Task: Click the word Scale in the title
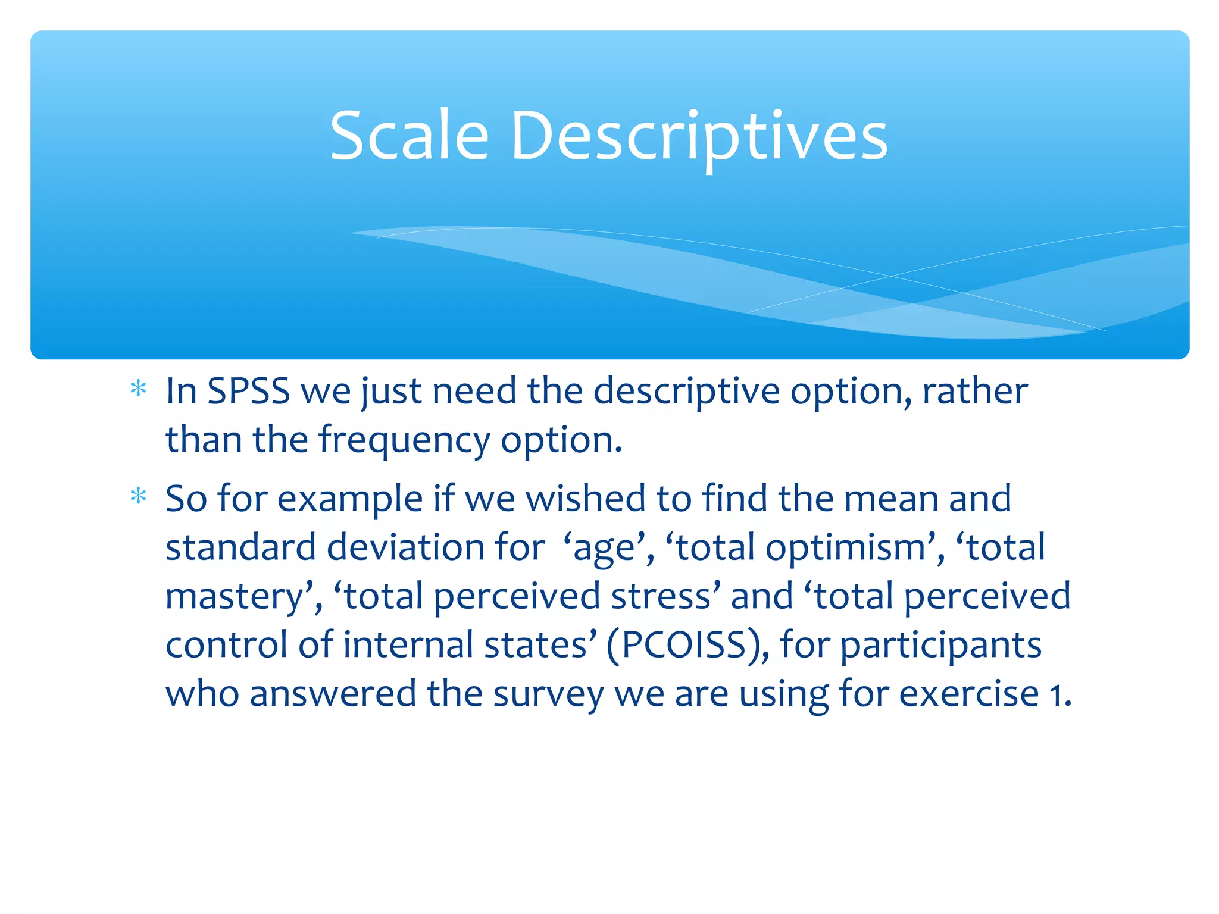point(409,136)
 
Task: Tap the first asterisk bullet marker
point(138,389)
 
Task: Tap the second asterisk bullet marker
point(138,496)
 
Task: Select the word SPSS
point(248,392)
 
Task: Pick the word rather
point(974,392)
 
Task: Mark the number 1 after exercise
point(1055,695)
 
